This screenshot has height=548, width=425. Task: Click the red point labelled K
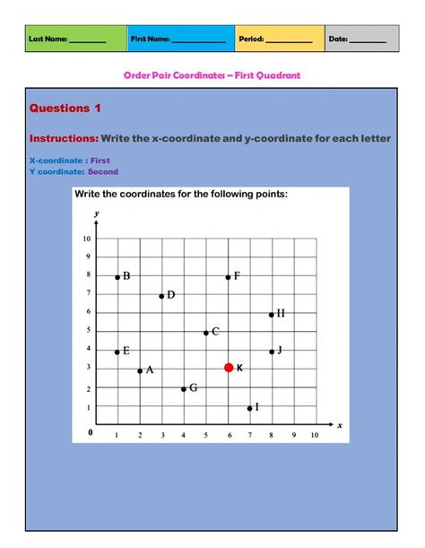(x=229, y=368)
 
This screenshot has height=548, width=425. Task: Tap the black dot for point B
(x=117, y=277)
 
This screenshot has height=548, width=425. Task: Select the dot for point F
(x=228, y=277)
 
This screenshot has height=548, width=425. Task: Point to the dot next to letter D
(x=161, y=296)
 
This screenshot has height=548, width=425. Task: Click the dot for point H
(x=272, y=315)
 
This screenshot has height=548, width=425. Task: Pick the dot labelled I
(x=249, y=408)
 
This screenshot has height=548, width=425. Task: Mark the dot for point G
(x=183, y=389)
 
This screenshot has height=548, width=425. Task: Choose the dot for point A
(x=140, y=370)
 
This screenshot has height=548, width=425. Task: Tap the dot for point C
(x=205, y=333)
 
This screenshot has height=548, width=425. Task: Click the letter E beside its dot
(x=126, y=351)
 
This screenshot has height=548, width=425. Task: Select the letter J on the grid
(x=280, y=350)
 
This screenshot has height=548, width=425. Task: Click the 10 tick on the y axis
(x=87, y=239)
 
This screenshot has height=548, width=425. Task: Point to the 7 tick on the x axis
(x=249, y=435)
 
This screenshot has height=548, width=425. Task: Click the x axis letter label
(x=340, y=427)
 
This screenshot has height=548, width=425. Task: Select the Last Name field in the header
(x=87, y=39)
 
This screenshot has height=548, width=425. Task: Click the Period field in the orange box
(x=288, y=39)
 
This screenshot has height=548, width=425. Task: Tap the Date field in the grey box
(x=368, y=39)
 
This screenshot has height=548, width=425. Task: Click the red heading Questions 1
(x=65, y=109)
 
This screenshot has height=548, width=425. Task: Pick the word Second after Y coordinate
(x=102, y=171)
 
